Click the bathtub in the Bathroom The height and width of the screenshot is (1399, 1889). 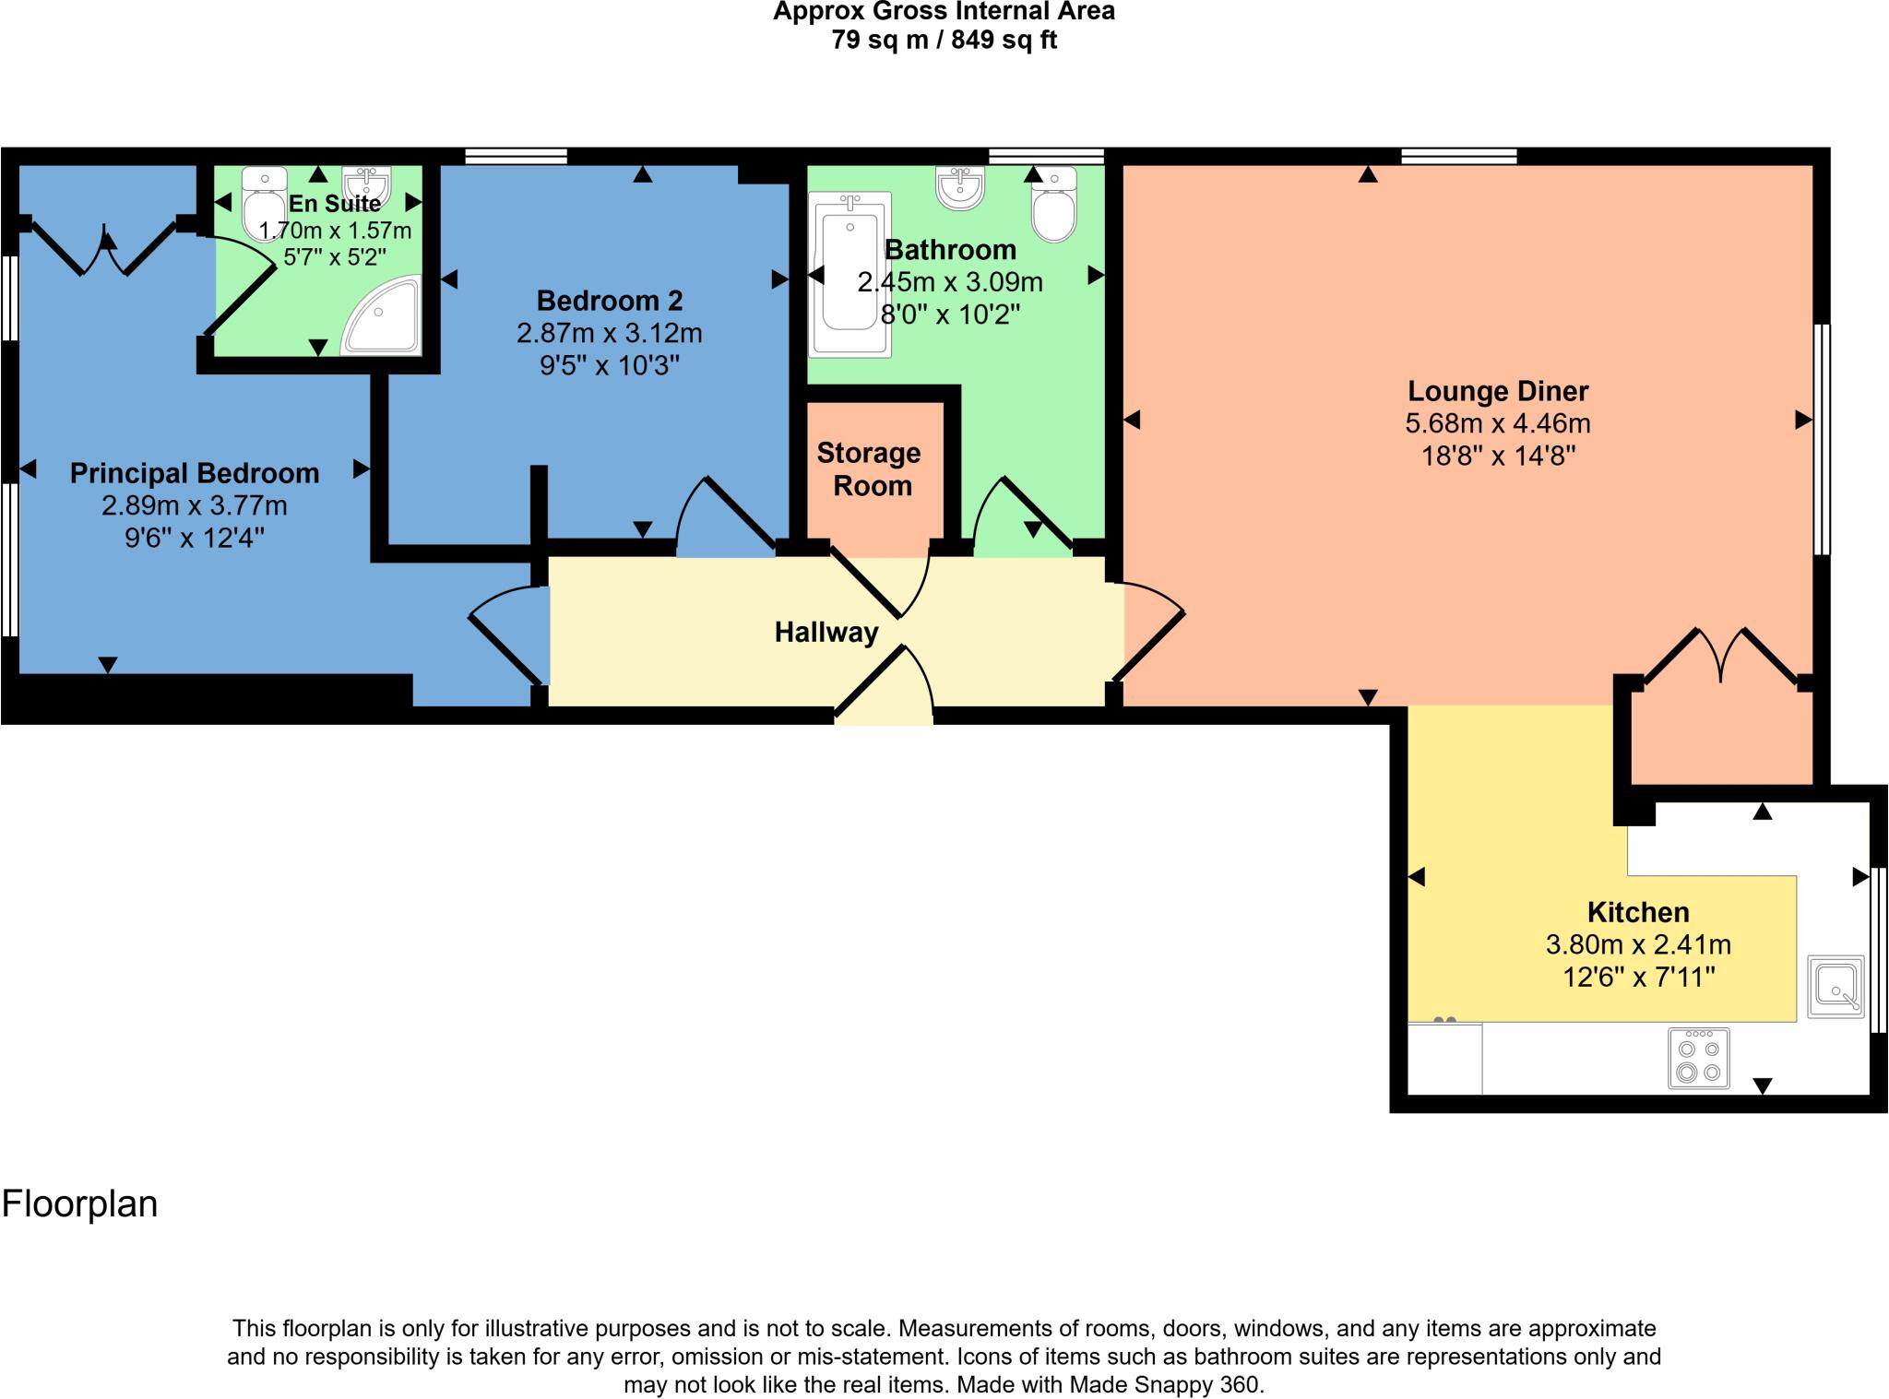click(849, 274)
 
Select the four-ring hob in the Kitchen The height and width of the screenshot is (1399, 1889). click(1698, 1059)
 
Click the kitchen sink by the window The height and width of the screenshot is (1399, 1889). click(1835, 986)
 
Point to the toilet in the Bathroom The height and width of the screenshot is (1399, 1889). click(1054, 205)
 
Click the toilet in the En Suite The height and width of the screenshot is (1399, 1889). click(264, 203)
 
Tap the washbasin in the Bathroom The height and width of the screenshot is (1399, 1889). click(960, 187)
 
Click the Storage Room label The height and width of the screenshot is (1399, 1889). click(869, 468)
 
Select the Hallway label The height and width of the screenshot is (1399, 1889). click(826, 632)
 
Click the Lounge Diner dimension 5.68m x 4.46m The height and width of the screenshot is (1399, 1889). click(1497, 423)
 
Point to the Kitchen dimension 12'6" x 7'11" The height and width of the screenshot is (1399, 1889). click(1638, 977)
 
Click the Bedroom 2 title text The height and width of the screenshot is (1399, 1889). click(610, 301)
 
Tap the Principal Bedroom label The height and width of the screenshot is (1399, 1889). click(195, 473)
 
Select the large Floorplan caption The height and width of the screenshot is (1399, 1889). click(79, 1203)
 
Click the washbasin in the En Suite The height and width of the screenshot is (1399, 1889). click(367, 184)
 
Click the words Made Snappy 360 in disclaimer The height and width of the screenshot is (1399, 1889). click(1164, 1384)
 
